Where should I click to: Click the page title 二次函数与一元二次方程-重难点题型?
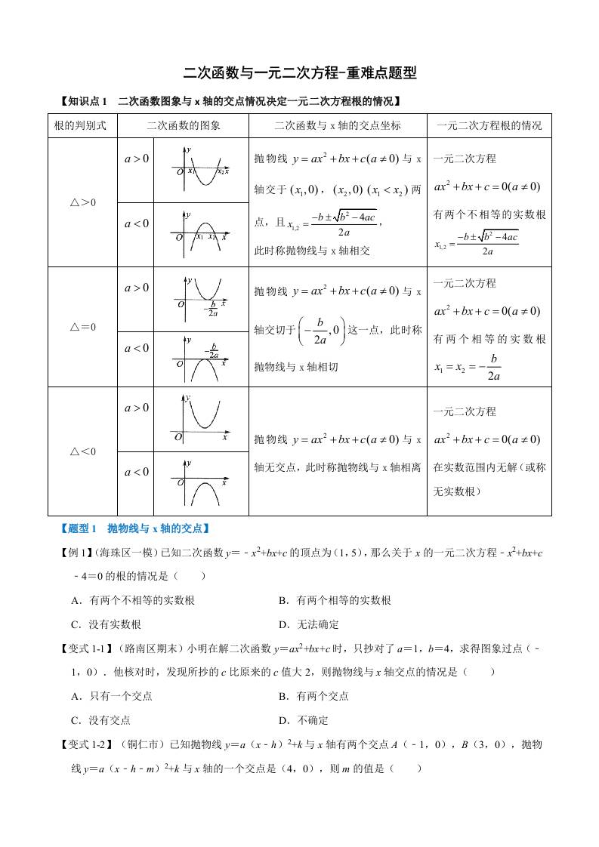[300, 73]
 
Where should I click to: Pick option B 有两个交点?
[313, 696]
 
